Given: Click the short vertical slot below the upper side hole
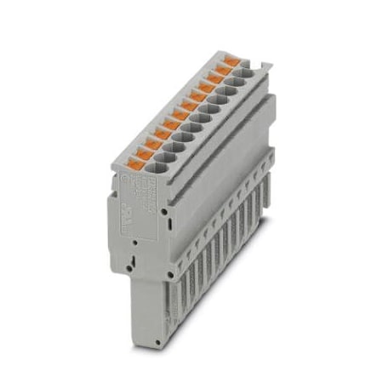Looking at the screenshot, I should (x=170, y=223).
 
